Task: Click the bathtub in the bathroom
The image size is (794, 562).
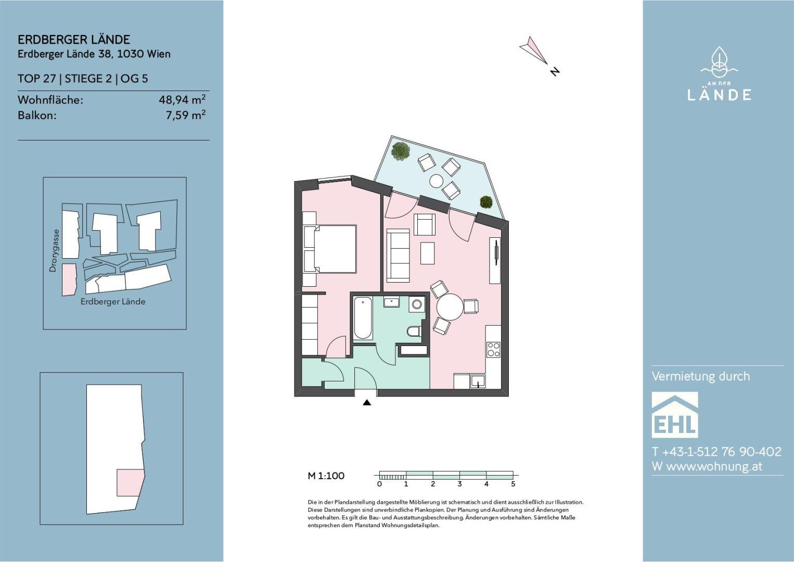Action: [363, 318]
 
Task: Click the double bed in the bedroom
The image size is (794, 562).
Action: [330, 249]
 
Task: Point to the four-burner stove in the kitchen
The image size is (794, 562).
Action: [493, 349]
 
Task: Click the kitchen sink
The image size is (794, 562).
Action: [478, 381]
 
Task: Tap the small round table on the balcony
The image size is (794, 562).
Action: [437, 181]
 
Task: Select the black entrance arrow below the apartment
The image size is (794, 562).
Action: [367, 402]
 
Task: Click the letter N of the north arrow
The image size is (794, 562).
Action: [555, 71]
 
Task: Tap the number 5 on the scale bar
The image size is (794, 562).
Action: [513, 484]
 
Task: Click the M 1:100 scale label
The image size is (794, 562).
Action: [326, 476]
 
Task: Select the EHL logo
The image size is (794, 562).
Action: [675, 415]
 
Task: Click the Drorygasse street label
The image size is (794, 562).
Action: [53, 251]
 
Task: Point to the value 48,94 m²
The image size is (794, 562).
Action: [182, 99]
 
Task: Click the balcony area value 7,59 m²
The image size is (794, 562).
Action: [186, 115]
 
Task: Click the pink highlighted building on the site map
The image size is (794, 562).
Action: [70, 280]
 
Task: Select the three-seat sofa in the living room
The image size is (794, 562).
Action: [398, 254]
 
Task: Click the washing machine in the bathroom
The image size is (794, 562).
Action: [417, 304]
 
